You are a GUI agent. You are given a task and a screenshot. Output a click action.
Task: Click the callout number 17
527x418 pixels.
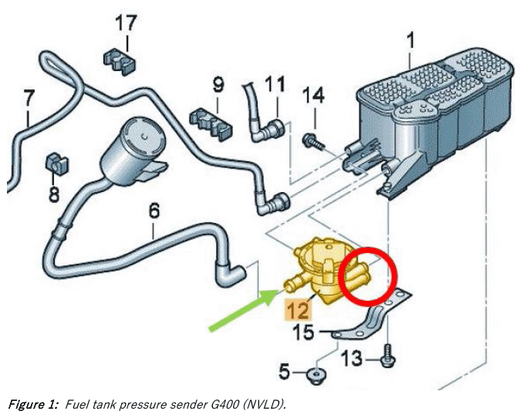point(127,23)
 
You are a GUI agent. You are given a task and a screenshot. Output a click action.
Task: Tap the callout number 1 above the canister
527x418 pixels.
point(410,40)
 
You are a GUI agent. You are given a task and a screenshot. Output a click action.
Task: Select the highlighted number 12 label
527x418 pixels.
point(298,309)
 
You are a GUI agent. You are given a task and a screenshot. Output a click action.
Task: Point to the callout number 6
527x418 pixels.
point(154,211)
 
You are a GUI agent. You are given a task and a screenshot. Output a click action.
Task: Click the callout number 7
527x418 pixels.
point(29,98)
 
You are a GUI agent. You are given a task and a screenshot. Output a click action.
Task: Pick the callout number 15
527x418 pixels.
point(303,332)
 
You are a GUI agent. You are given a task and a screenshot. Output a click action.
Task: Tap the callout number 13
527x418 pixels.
point(352,358)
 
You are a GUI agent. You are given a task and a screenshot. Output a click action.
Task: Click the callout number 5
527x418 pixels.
point(284,372)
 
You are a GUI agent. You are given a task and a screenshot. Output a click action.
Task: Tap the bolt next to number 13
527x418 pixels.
point(387,356)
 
